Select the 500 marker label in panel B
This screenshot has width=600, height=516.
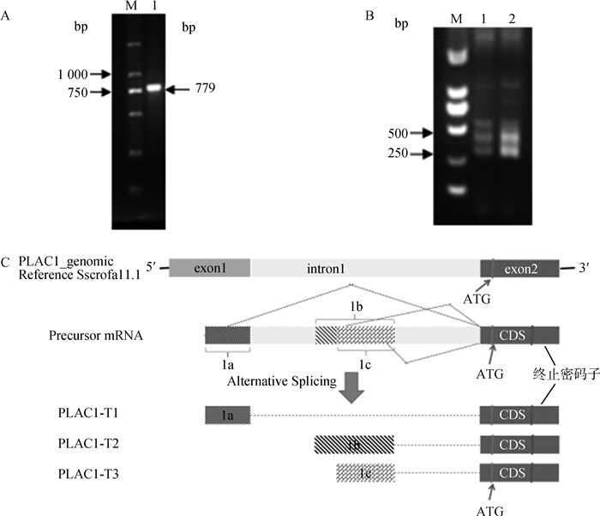click(x=399, y=133)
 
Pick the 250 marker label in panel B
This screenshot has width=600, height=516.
click(x=399, y=154)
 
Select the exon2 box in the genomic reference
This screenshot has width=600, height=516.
click(x=519, y=268)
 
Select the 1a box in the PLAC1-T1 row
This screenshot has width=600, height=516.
click(x=227, y=415)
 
